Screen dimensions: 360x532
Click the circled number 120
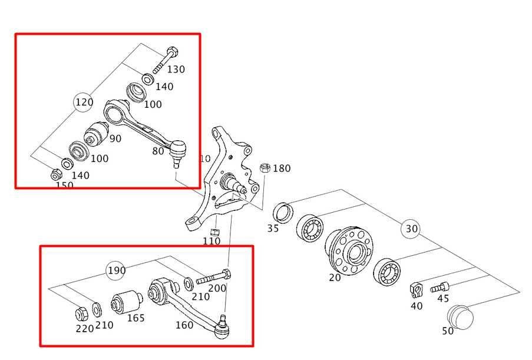point(84,102)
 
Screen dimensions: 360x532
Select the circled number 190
point(116,270)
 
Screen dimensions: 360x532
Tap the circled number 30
point(411,229)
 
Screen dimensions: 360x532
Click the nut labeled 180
point(265,167)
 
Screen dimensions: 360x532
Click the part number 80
point(158,151)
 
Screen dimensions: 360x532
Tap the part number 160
point(184,325)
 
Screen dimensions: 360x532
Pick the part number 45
point(443,299)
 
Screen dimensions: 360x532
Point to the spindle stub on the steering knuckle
point(240,186)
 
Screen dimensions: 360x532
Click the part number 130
point(176,70)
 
